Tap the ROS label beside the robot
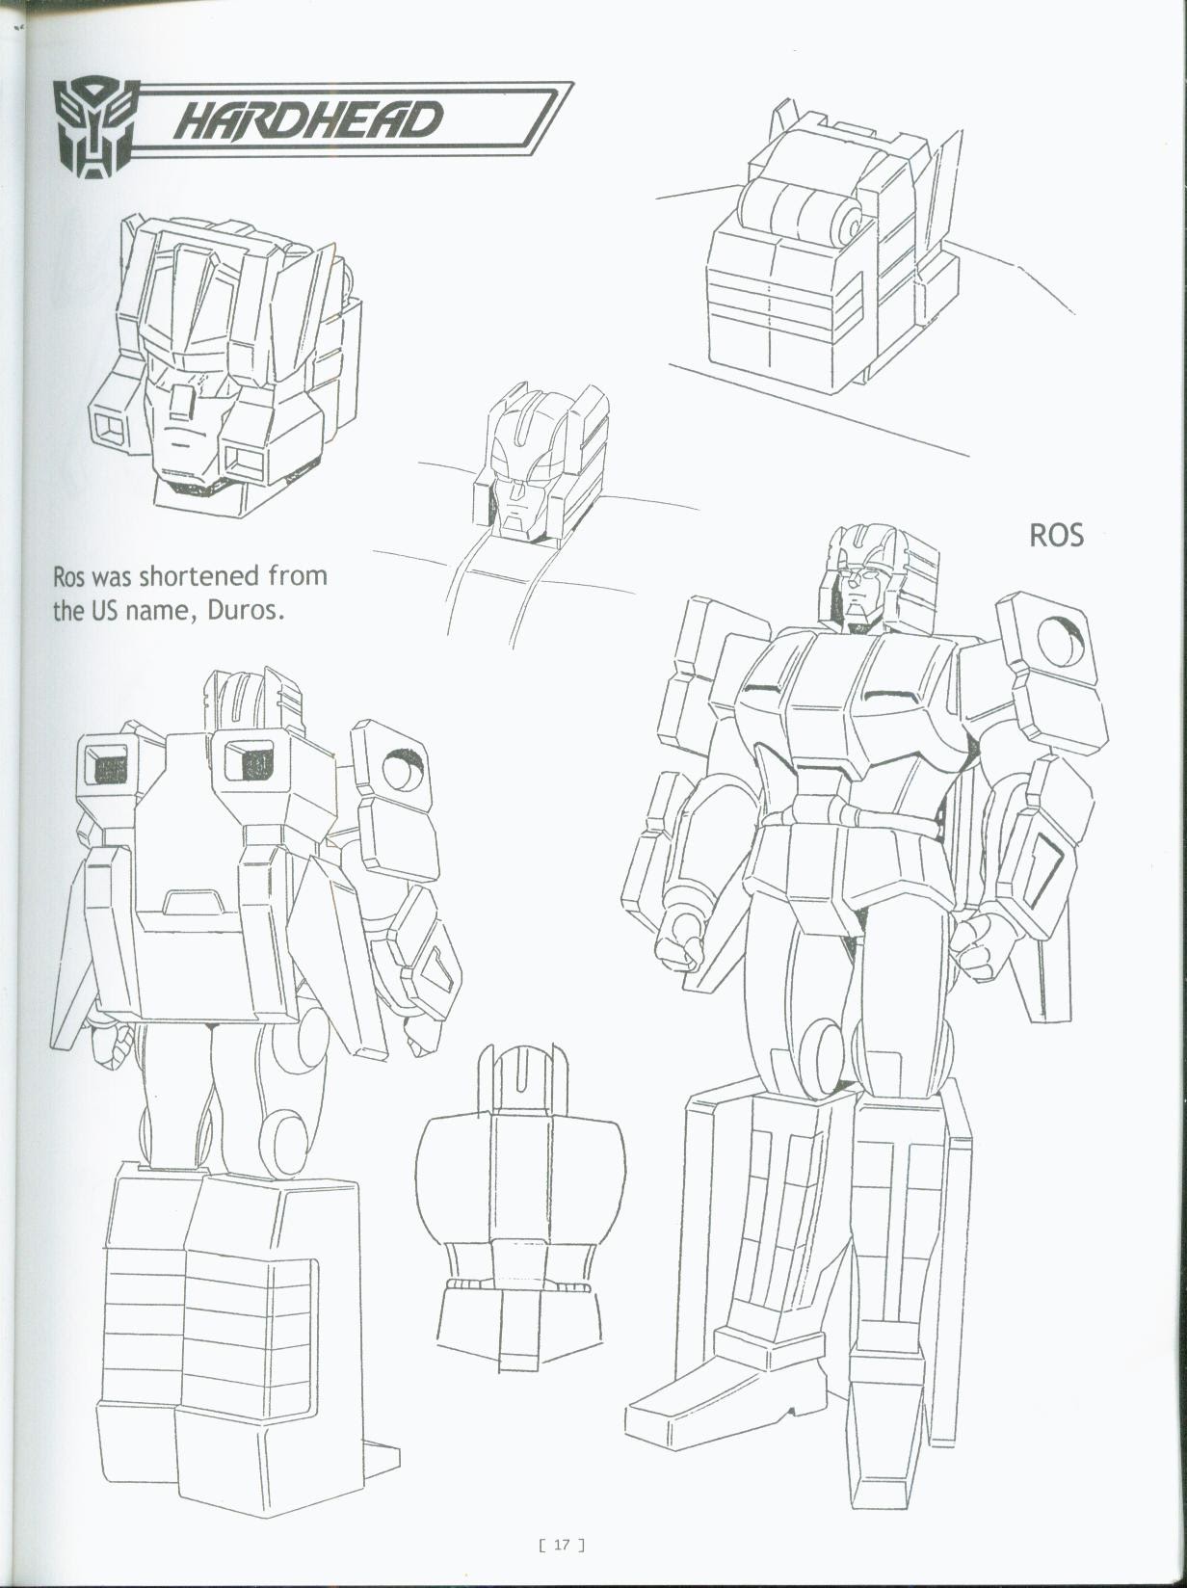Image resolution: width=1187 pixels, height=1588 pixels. [x=1056, y=536]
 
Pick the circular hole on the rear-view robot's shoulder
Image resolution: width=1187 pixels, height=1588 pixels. [x=402, y=769]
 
